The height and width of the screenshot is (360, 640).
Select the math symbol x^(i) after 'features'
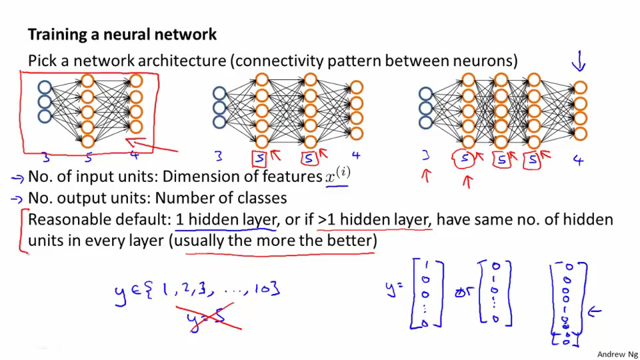coord(337,175)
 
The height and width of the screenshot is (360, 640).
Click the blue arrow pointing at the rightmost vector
coord(594,312)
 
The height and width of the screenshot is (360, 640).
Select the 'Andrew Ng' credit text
coord(617,354)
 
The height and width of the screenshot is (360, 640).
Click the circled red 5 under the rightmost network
coord(464,159)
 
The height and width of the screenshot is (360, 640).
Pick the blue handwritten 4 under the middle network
coord(356,155)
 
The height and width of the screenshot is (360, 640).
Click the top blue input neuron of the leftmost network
coord(45,87)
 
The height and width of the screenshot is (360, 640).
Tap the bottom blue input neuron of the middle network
coord(219,122)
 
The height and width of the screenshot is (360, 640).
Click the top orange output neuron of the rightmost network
coord(580,88)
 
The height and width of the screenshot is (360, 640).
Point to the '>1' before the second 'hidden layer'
coord(326,219)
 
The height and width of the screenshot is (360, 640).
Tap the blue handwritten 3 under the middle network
coord(219,155)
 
